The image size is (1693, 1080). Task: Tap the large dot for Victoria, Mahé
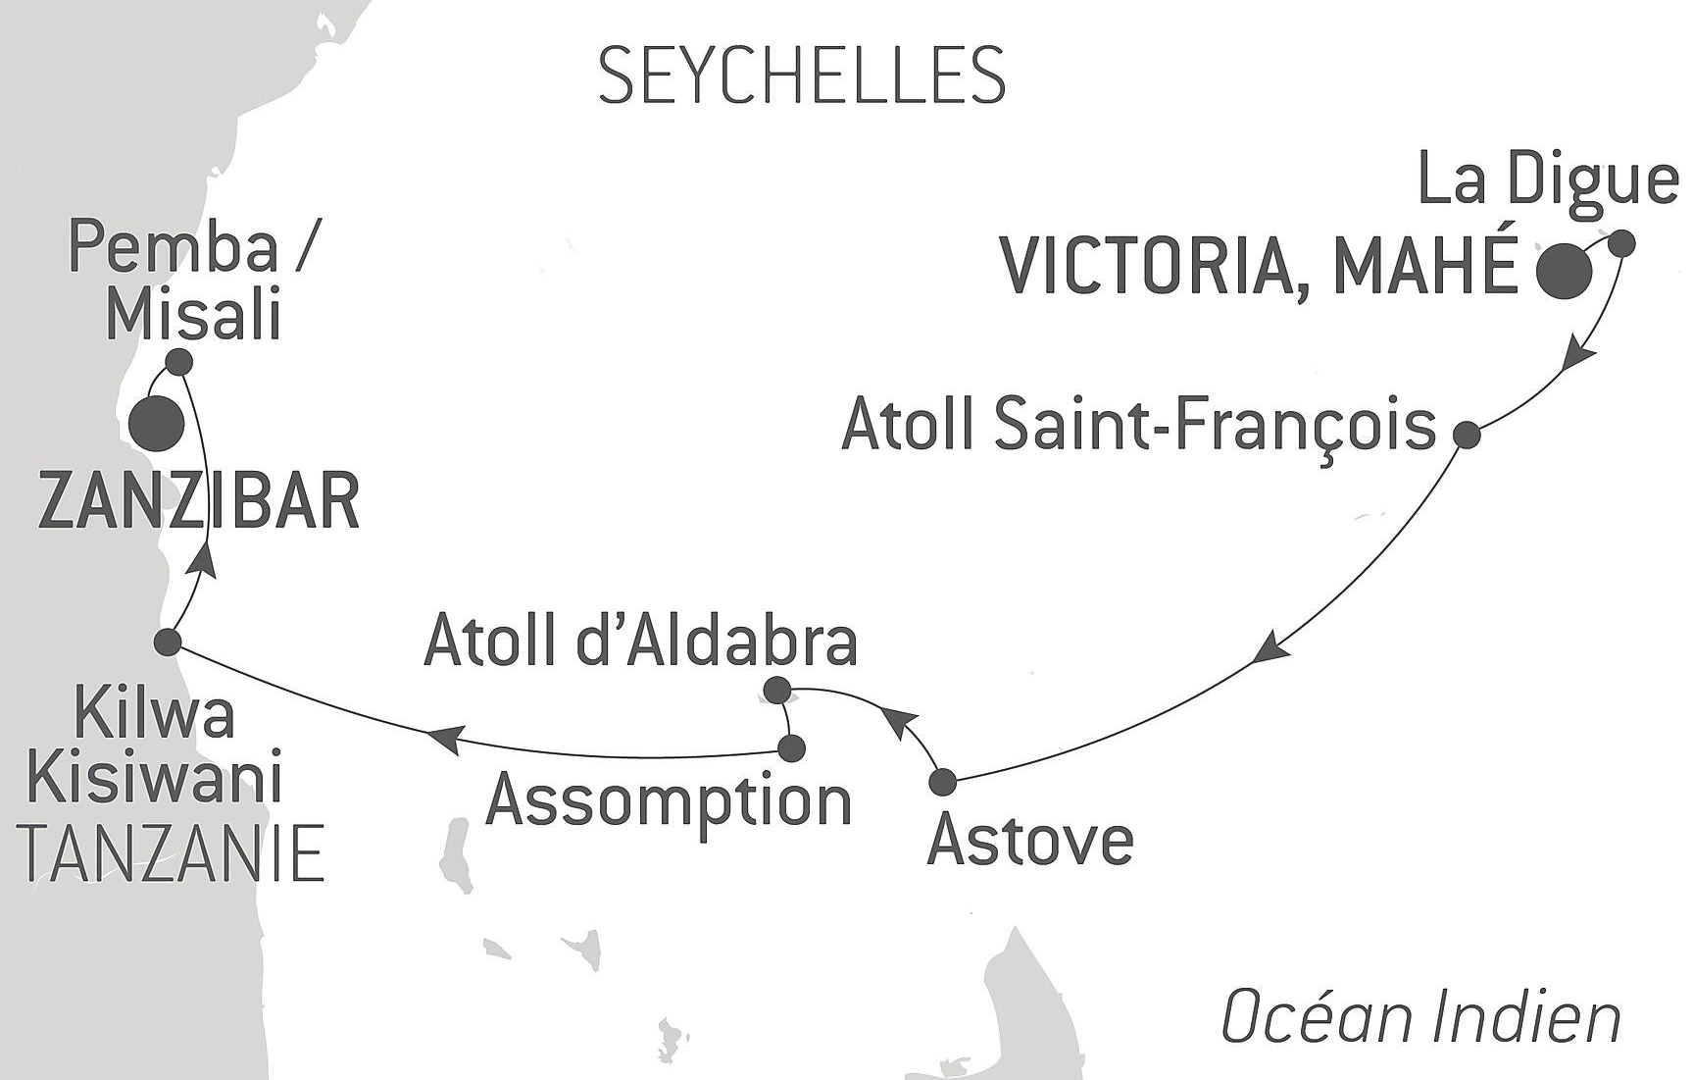pos(1563,271)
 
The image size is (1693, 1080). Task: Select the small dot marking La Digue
pos(1621,242)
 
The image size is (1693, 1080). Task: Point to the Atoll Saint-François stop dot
pos(1466,434)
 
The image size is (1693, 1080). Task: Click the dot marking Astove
pos(941,782)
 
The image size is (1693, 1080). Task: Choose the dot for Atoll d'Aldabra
pos(776,690)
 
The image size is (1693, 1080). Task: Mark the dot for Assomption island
pos(790,748)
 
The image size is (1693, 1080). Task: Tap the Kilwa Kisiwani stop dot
pos(168,643)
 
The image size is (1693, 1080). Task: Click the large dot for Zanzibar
pos(157,424)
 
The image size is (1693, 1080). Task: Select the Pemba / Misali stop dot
pos(178,362)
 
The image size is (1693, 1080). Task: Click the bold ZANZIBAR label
pos(199,501)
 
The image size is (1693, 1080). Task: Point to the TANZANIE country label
pos(173,853)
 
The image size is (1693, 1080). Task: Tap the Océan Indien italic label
pos(1420,1018)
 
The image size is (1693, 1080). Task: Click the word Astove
pos(1029,841)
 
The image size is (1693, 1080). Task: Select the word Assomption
pos(669,801)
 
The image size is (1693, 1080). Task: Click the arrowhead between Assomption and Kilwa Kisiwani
pos(443,738)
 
